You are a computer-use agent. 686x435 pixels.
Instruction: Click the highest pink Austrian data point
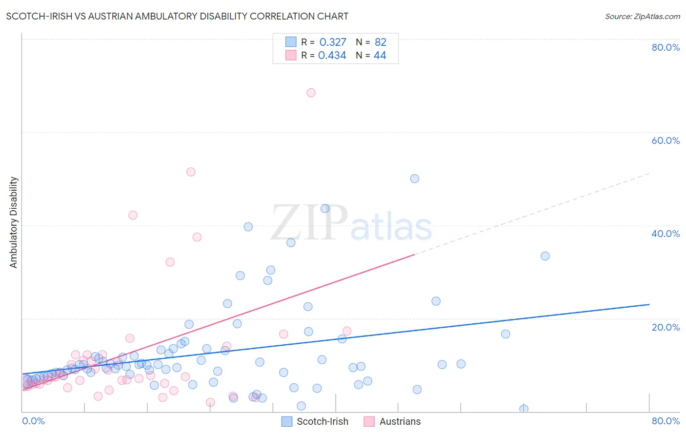coord(311,93)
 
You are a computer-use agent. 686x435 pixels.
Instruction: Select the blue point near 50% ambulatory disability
coord(415,178)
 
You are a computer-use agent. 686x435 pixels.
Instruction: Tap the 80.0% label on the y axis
coord(666,47)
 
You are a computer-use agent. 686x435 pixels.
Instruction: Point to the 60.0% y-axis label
coord(666,140)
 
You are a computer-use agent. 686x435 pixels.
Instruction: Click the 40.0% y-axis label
coord(666,234)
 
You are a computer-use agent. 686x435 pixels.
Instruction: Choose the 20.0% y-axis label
coord(666,327)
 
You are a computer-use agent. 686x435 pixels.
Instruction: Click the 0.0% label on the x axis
coord(33,421)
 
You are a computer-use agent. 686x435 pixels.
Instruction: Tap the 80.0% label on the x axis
coord(666,421)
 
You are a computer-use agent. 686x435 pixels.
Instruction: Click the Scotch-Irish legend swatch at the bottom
coord(287,421)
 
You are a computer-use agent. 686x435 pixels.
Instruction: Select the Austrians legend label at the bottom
coord(400,421)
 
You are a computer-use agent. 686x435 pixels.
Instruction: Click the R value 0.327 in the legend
coord(333,42)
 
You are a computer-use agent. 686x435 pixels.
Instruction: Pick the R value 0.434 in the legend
coord(332,56)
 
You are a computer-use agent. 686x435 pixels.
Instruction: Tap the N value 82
coord(381,42)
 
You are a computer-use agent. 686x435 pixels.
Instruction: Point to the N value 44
coord(380,56)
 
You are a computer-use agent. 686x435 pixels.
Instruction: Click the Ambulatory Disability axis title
coord(14,222)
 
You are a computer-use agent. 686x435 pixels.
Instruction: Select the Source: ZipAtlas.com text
coord(643,17)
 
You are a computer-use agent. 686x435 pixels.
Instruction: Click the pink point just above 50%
coord(191,172)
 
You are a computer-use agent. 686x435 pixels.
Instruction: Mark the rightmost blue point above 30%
coord(545,256)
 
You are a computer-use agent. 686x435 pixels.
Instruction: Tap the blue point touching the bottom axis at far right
coord(524,409)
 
